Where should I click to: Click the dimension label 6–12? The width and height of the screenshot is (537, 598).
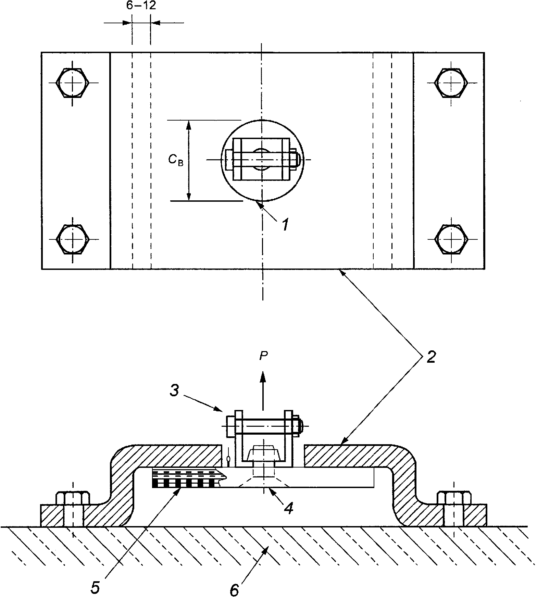pyautogui.click(x=141, y=6)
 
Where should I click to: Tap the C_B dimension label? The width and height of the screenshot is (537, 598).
pyautogui.click(x=176, y=160)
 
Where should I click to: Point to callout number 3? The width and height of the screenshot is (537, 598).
pyautogui.click(x=175, y=390)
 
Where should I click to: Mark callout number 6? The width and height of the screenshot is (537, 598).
pyautogui.click(x=234, y=590)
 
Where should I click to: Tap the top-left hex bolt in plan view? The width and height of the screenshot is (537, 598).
pyautogui.click(x=73, y=83)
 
